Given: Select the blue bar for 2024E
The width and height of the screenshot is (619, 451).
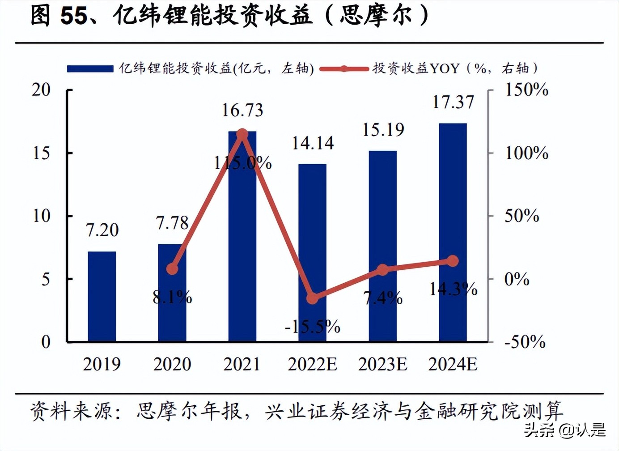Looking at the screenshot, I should tap(453, 233).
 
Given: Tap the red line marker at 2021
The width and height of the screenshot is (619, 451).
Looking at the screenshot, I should tap(242, 134).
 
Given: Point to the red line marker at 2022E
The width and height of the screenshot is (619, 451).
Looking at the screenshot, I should tap(313, 298).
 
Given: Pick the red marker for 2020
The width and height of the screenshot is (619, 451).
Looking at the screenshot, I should tap(172, 268).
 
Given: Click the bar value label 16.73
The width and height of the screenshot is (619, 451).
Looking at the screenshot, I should tap(242, 110).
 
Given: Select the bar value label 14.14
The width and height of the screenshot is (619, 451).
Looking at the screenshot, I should tap(313, 143).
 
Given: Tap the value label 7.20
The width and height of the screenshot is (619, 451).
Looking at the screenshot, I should tap(102, 230).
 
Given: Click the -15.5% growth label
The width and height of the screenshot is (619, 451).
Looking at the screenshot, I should tap(313, 327).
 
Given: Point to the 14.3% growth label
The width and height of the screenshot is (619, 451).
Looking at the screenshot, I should tap(453, 289).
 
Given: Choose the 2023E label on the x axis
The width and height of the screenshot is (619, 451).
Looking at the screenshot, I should tap(382, 364).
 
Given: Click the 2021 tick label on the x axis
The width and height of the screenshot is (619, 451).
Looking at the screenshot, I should tap(242, 364).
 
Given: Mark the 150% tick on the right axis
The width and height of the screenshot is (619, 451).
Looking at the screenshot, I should tap(526, 90).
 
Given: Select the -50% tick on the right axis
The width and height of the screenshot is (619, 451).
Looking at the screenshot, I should tap(525, 342).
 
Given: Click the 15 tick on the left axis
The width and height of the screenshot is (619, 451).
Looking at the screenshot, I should tap(41, 153).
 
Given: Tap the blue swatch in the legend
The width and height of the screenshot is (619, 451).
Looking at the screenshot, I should tap(90, 68).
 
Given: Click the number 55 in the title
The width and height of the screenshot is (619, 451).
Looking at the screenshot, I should tap(74, 16).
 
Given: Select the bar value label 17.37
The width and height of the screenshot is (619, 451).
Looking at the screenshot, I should tap(453, 102).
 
